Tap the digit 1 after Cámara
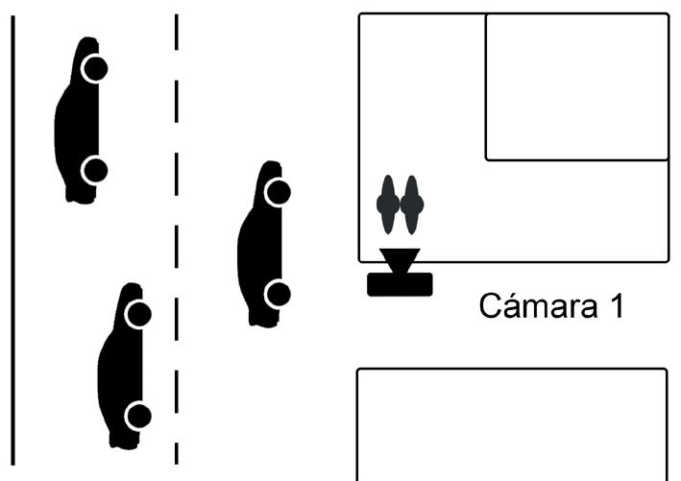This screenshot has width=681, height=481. pyautogui.click(x=615, y=307)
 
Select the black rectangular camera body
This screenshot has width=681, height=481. pyautogui.click(x=400, y=284)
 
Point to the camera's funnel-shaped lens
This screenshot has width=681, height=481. pyautogui.click(x=399, y=260)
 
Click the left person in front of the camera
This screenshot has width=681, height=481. pyautogui.click(x=388, y=204)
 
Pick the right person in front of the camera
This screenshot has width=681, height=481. pyautogui.click(x=411, y=204)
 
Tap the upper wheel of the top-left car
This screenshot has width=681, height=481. pyautogui.click(x=94, y=69)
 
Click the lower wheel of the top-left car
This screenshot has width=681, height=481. pyautogui.click(x=94, y=171)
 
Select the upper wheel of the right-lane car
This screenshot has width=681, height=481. pyautogui.click(x=278, y=192)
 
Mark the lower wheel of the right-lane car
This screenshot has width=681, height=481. pyautogui.click(x=278, y=294)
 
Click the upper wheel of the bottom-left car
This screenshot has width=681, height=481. pyautogui.click(x=138, y=314)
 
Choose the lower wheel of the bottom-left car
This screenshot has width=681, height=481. pyautogui.click(x=138, y=416)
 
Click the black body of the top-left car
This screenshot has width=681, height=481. pyautogui.click(x=75, y=120)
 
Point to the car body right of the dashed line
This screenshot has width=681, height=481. pyautogui.click(x=257, y=245)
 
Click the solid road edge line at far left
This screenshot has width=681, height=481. pyautogui.click(x=12, y=240)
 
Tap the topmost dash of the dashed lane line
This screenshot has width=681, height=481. pyautogui.click(x=177, y=33)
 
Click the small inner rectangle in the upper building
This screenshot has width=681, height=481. pyautogui.click(x=576, y=86)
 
